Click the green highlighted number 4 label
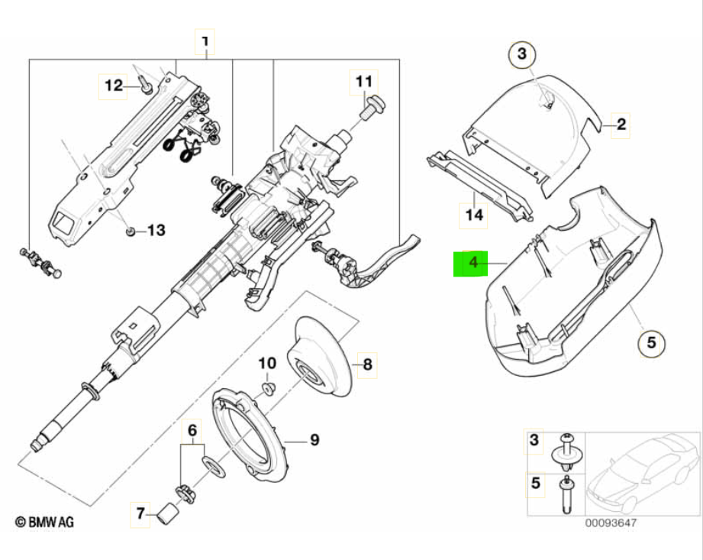[x=472, y=264]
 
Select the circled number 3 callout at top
[x=522, y=54]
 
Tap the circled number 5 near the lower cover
[x=651, y=343]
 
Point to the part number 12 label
[x=113, y=87]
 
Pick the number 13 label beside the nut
[x=155, y=230]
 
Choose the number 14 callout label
[x=474, y=216]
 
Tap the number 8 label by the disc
[x=366, y=365]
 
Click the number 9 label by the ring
[x=314, y=440]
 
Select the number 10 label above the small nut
[x=268, y=363]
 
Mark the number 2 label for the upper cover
[x=621, y=124]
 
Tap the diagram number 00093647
[x=610, y=523]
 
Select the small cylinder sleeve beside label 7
[x=168, y=516]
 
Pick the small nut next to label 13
[x=131, y=230]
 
